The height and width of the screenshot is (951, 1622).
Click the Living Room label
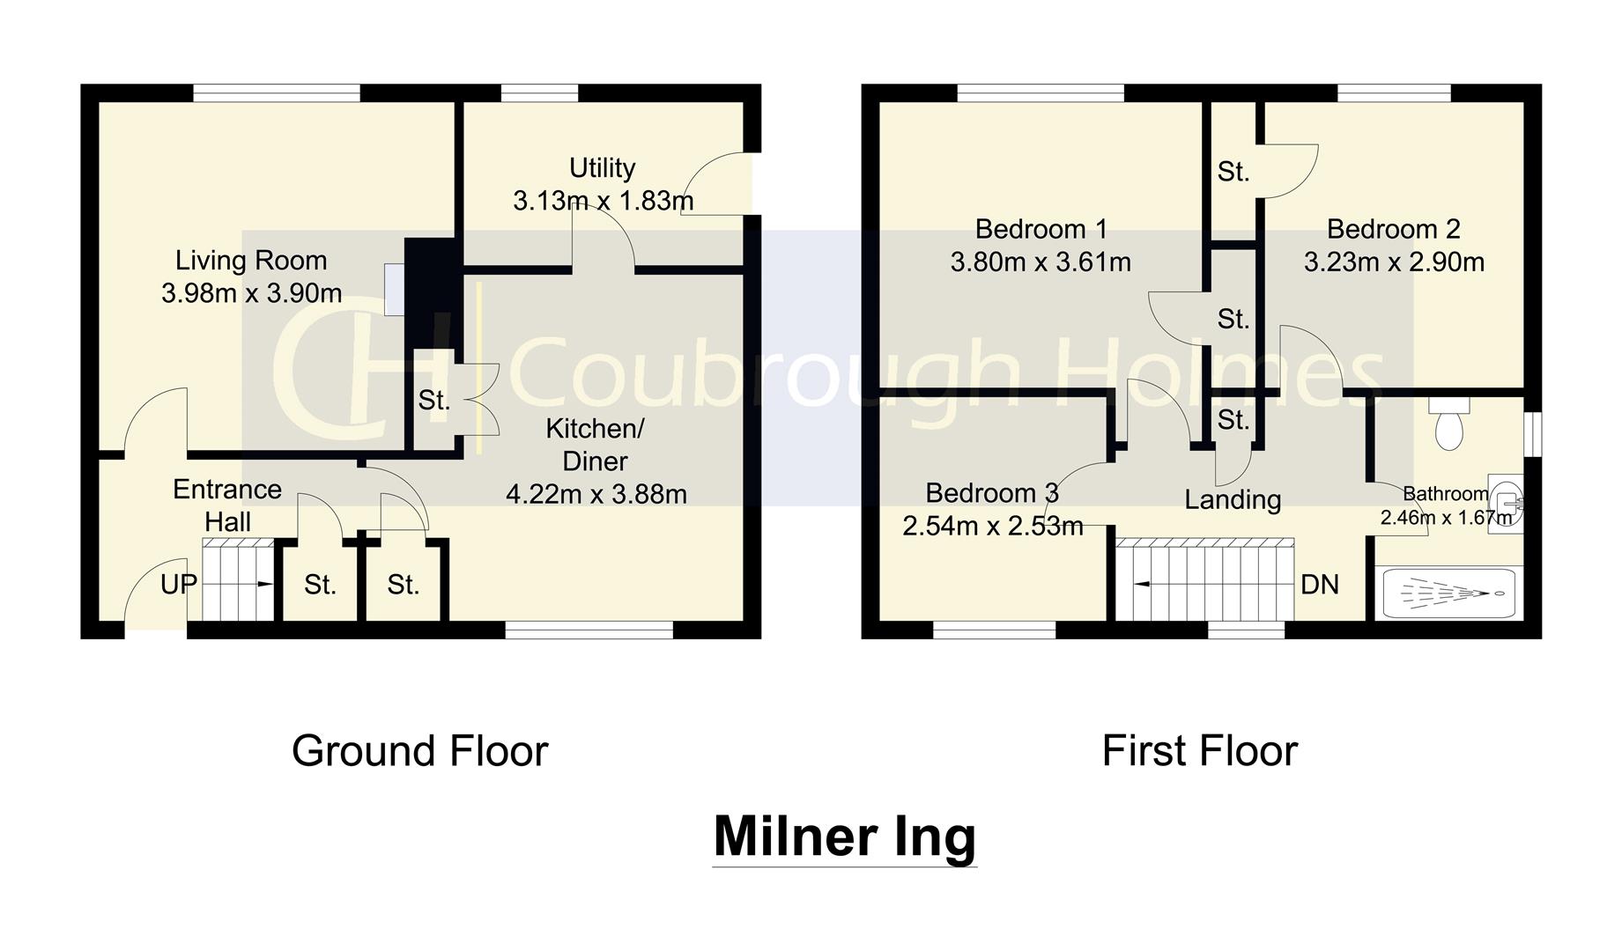(251, 261)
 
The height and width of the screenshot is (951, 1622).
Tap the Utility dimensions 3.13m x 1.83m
(603, 201)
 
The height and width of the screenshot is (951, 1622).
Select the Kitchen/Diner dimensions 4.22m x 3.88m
(596, 494)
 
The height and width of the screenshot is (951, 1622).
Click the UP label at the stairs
(179, 584)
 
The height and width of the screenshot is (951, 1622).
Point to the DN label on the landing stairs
(1319, 584)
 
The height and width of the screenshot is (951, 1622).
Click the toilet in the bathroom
(1449, 426)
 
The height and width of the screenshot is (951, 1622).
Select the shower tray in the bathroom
(1448, 593)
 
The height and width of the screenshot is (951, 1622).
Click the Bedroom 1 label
(1041, 229)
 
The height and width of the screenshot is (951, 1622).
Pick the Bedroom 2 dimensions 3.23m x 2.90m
(1394, 262)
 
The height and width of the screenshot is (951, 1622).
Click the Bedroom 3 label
(992, 493)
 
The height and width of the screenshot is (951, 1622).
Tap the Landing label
(1232, 499)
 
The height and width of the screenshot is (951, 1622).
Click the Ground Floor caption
(419, 751)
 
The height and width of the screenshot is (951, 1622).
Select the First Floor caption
(1199, 751)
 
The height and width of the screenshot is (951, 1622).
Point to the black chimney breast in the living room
(432, 291)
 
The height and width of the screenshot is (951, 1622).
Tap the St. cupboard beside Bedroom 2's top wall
(1233, 172)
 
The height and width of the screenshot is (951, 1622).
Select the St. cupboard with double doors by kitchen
(434, 401)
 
